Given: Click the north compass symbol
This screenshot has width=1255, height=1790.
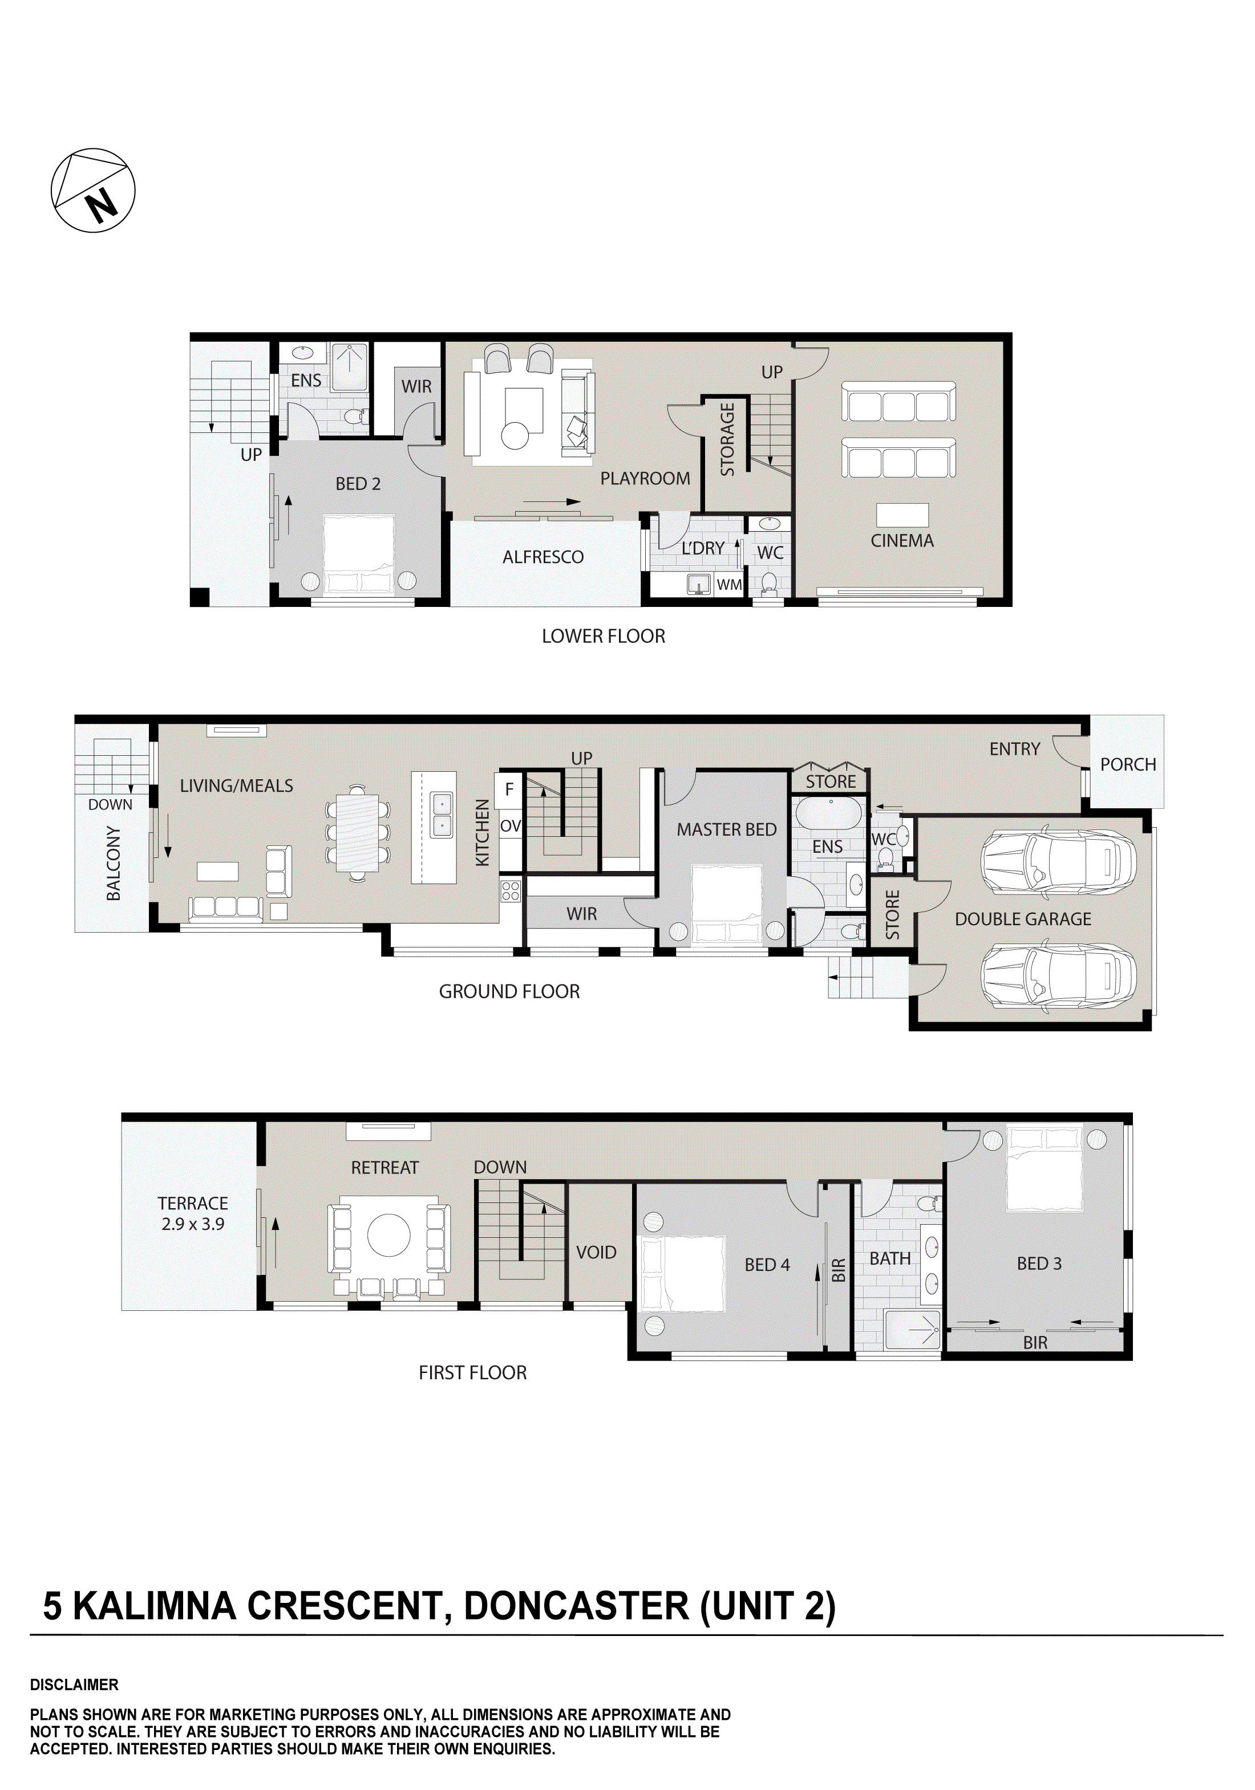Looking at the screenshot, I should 93,190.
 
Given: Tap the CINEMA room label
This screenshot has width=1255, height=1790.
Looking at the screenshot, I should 902,541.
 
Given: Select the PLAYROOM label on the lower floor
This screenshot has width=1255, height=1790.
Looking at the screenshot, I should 645,479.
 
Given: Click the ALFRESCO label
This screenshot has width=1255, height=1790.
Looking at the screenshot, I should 543,557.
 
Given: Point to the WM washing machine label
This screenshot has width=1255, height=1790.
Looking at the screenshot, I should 729,585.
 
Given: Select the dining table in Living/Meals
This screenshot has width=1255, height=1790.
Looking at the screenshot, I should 358,833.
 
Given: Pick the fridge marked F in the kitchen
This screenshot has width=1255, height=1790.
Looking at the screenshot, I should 509,789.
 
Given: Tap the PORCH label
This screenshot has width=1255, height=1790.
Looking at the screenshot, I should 1128,765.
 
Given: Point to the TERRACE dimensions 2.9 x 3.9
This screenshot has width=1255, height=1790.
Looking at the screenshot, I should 193,1225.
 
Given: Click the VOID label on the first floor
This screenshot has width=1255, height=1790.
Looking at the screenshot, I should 596,1253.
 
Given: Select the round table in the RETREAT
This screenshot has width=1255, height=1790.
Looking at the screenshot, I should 388,1235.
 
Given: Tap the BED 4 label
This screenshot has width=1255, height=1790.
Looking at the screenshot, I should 767,1265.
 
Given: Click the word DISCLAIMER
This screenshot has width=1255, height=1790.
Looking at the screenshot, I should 74,1684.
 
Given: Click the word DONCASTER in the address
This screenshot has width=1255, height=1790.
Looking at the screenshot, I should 576,1606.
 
